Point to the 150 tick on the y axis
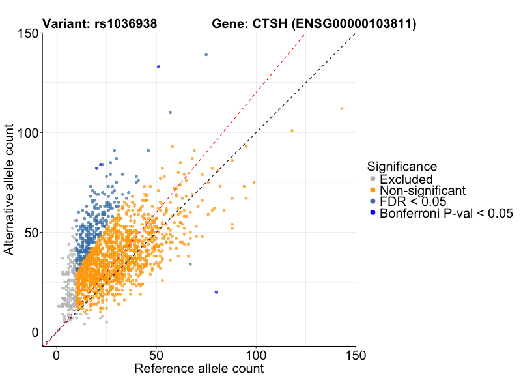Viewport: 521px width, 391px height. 28,33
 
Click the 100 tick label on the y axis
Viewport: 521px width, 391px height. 28,133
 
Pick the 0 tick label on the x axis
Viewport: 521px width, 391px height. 57,355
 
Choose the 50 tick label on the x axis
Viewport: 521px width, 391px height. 156,355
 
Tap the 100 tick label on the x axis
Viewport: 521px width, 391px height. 256,355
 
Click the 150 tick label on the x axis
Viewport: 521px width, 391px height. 356,355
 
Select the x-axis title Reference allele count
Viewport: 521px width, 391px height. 199,369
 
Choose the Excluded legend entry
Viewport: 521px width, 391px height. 406,179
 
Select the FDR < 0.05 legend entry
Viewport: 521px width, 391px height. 413,201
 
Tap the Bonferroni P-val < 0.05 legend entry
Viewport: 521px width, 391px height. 447,213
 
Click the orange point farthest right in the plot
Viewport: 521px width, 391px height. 342,109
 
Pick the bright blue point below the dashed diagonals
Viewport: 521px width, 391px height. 216,292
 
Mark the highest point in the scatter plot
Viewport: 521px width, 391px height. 206,55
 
